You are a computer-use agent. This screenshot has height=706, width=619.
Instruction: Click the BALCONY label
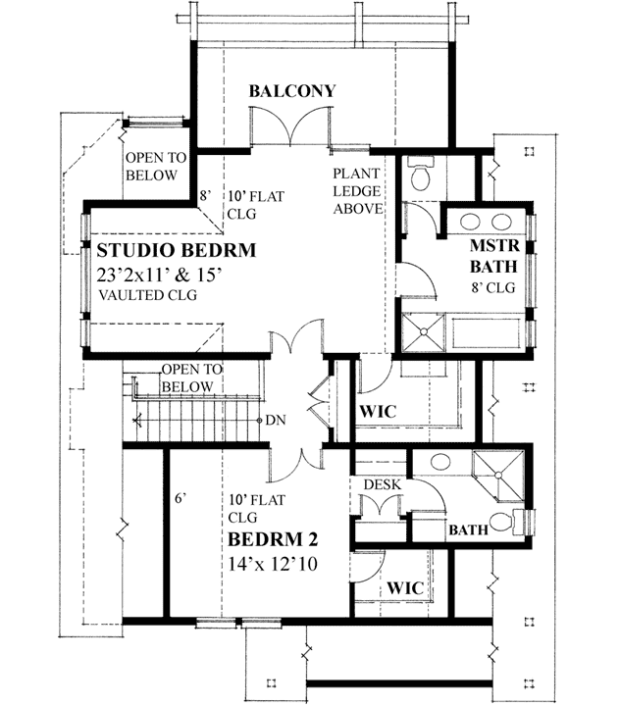click(291, 91)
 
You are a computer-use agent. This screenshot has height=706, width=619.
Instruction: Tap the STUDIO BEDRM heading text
click(176, 251)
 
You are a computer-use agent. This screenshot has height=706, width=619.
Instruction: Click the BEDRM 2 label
click(272, 540)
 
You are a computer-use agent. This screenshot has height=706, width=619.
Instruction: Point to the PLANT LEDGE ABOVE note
click(357, 190)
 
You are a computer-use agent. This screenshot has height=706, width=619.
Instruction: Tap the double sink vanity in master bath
click(487, 222)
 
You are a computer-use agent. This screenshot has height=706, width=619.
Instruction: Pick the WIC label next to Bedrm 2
click(404, 586)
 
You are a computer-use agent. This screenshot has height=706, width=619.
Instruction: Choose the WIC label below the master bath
click(377, 411)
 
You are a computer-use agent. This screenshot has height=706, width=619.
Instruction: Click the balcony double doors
click(291, 129)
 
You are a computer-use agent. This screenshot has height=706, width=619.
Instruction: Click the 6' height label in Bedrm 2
click(181, 498)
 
